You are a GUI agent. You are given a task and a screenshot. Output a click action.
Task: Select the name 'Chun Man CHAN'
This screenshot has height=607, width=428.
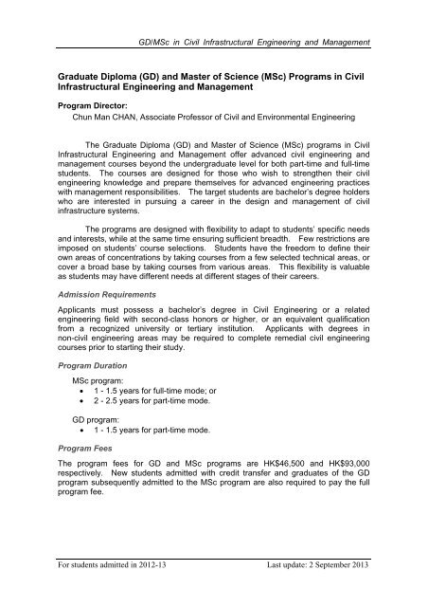(98, 120)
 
